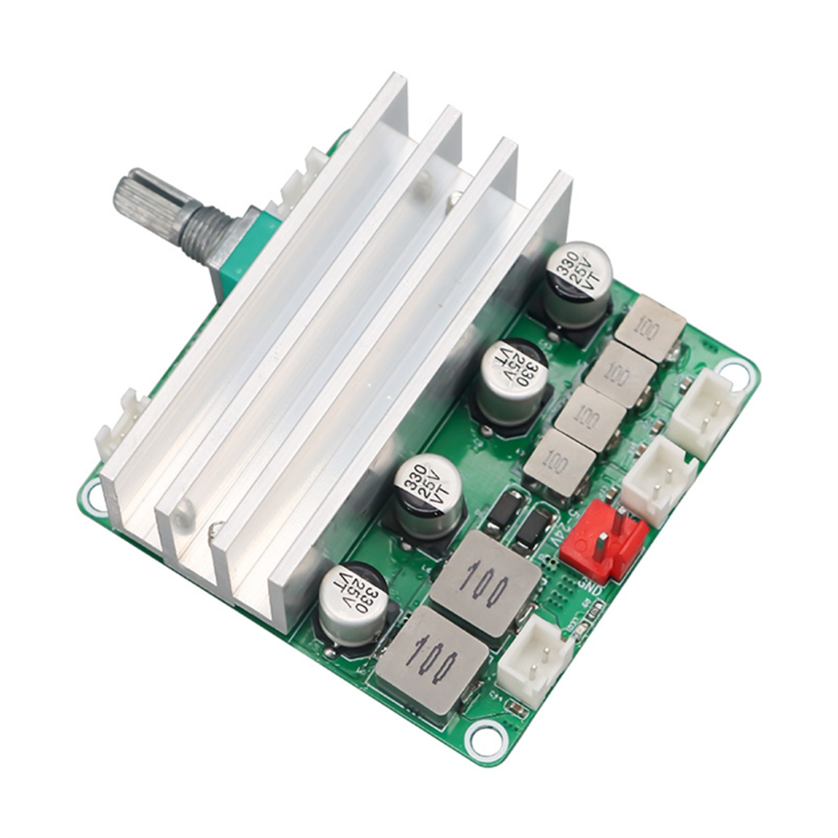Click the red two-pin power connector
click(603, 539)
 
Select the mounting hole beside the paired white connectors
click(733, 372)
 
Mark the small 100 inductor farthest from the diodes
click(649, 327)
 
